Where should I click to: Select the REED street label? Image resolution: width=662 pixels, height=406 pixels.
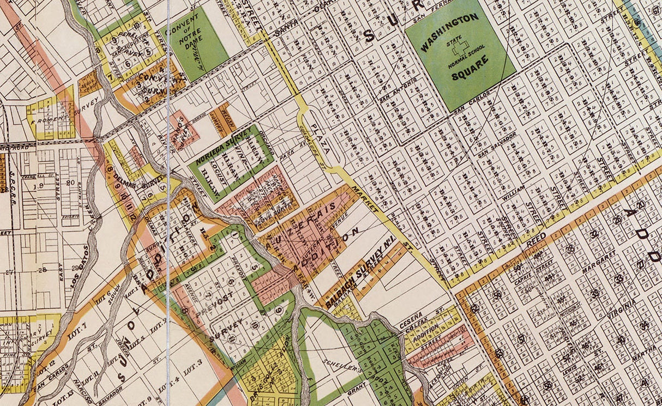[x=537, y=240]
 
